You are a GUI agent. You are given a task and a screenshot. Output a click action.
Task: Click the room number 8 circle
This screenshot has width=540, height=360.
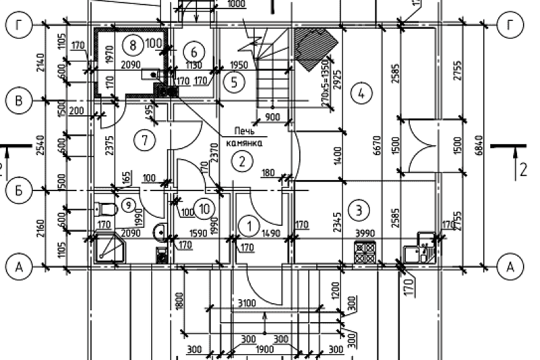point(134,45)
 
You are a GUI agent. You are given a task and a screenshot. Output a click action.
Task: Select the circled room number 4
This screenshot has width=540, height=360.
point(360,94)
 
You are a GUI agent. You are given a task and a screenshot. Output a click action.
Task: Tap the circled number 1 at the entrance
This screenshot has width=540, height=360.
point(249,226)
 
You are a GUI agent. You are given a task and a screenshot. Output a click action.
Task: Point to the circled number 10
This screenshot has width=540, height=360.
point(206,209)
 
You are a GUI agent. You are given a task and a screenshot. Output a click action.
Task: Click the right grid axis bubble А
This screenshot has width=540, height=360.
point(511,266)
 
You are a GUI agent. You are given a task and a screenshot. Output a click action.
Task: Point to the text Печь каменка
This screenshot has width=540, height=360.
point(243,136)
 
